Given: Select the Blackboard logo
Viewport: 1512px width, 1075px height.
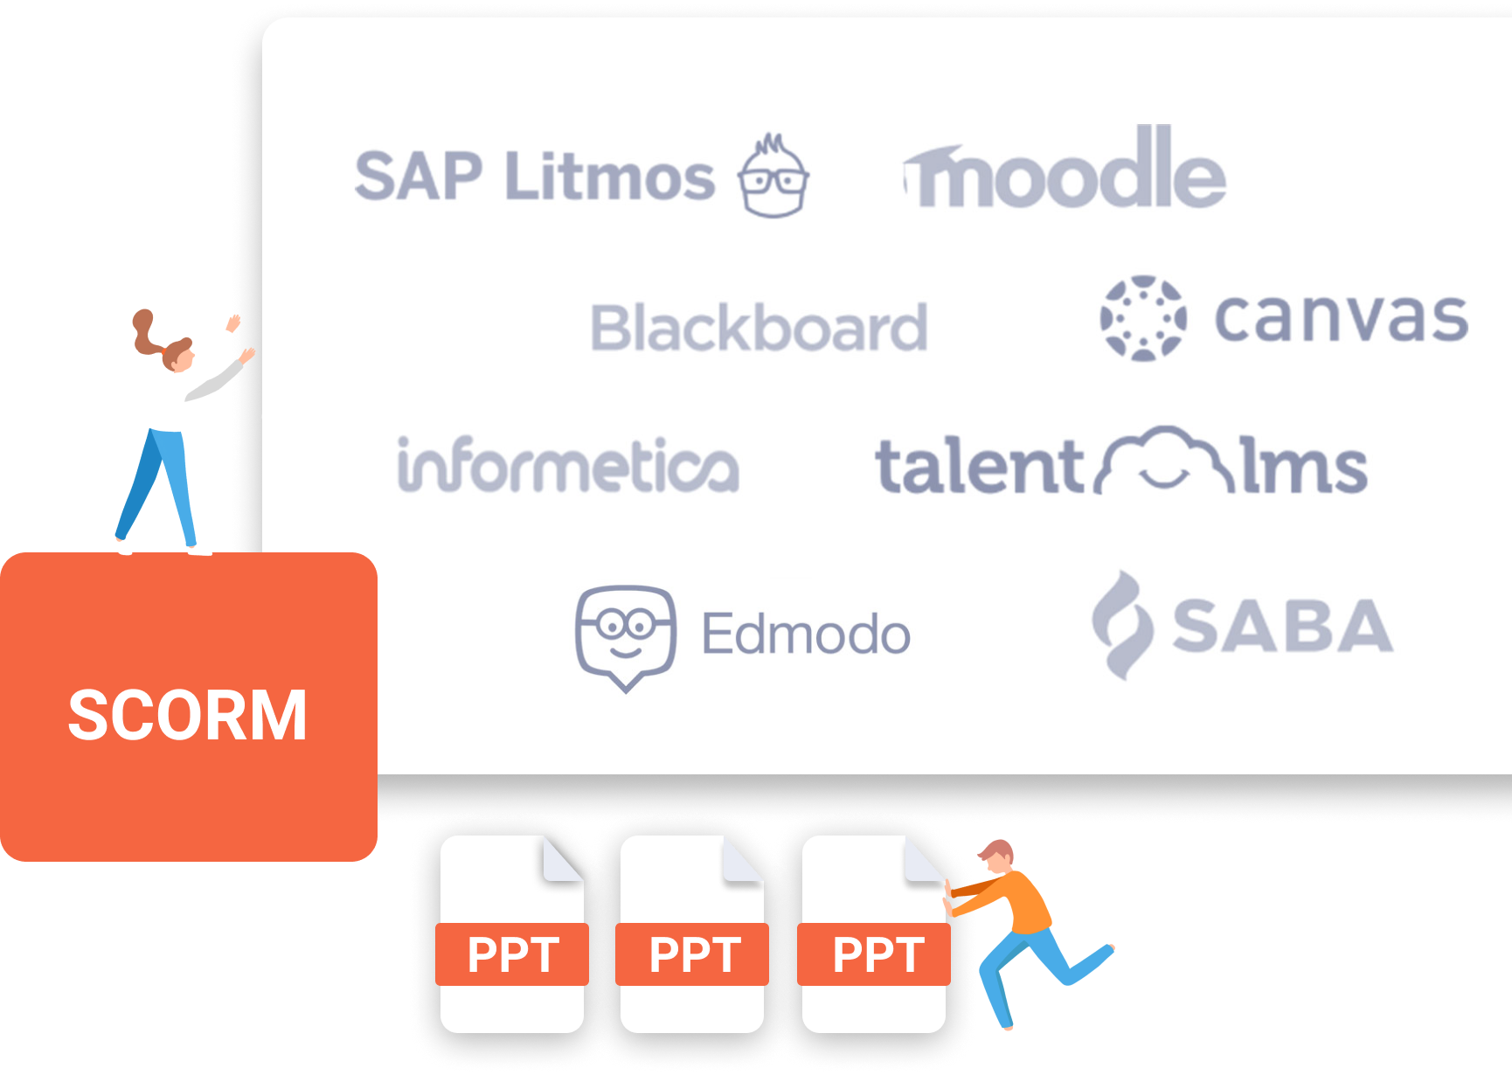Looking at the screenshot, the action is [759, 328].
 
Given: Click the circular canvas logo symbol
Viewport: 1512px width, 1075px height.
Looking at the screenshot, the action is [1143, 318].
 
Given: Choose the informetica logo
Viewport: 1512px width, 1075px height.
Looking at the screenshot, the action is [568, 465].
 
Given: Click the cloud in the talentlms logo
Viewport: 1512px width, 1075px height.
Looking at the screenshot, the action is [1166, 460].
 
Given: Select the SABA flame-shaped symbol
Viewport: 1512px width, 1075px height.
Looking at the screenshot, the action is [1123, 625].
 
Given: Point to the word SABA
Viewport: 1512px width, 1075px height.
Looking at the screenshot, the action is [1282, 626].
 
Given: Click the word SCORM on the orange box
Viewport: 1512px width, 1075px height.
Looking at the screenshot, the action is [188, 715].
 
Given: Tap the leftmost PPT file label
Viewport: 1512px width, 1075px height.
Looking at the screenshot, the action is [513, 954].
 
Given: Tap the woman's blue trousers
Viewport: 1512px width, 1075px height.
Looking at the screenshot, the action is [157, 485].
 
